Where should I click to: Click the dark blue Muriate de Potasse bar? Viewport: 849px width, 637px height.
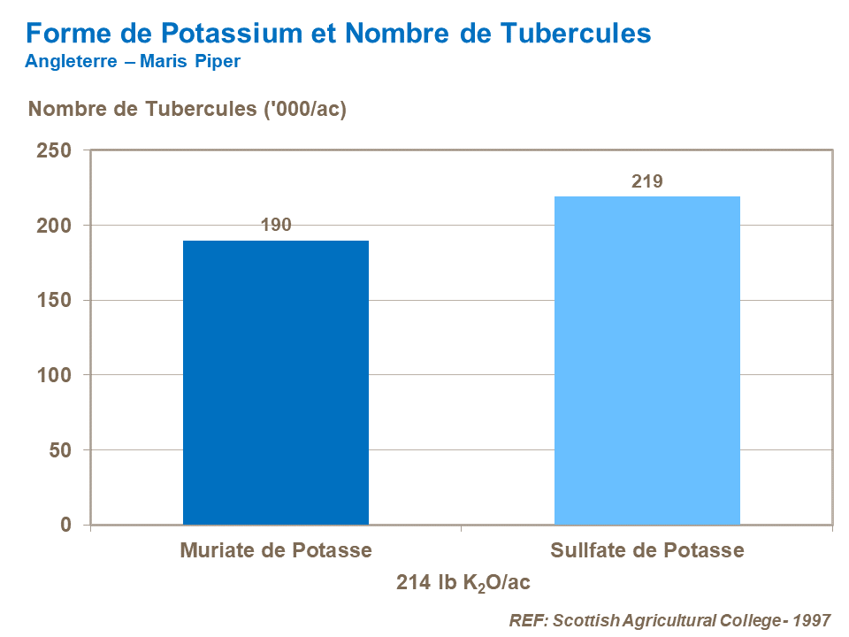point(276,382)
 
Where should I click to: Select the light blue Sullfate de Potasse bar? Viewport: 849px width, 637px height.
point(646,360)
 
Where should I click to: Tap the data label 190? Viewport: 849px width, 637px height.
point(276,225)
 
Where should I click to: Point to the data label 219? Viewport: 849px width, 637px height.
point(646,181)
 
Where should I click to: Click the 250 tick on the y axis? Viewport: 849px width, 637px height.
point(54,150)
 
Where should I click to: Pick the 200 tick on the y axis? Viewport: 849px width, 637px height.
point(54,226)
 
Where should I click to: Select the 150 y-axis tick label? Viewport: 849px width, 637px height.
point(54,301)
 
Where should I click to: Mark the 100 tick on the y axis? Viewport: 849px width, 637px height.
point(54,375)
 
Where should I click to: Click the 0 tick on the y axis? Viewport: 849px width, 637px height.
point(65,526)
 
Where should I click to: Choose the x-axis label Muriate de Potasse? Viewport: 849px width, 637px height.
point(276,550)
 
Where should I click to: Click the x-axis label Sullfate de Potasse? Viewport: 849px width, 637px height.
point(646,550)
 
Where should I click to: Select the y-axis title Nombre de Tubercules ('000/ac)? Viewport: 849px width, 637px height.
point(187,110)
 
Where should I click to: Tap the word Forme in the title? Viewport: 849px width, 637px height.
point(63,34)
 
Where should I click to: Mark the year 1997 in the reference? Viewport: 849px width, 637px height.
point(812,619)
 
